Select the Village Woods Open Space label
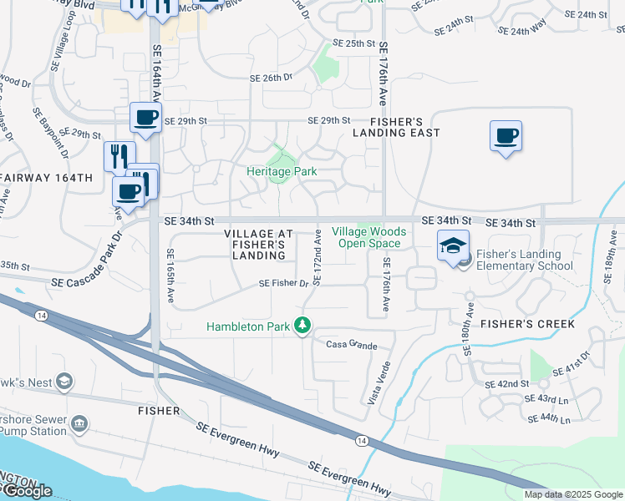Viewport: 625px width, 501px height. (x=369, y=237)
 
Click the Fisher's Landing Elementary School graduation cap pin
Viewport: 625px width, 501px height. (x=453, y=246)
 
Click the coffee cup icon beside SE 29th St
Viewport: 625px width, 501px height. (x=146, y=118)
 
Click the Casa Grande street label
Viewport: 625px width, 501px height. (x=347, y=345)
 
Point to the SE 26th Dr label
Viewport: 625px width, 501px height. (x=271, y=77)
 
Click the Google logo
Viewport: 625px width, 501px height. (x=27, y=491)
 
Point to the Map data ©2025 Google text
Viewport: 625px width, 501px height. (x=573, y=494)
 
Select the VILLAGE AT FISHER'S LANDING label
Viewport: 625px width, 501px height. (x=259, y=244)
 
